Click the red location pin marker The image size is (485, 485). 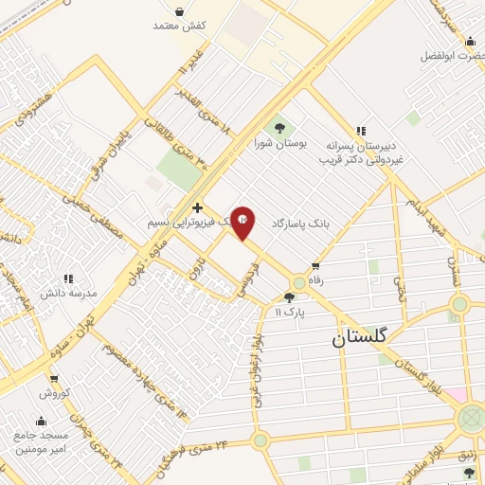243,222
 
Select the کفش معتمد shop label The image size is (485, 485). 179,26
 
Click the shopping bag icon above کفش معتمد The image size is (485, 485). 180,10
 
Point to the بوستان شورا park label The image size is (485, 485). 280,143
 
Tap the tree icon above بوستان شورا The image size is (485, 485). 280,127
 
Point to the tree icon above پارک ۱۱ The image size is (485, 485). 289,297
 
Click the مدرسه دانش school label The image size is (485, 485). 68,295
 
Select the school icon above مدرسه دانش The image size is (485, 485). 68,279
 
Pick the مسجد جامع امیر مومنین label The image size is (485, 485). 41,440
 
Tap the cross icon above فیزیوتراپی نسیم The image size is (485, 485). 197,207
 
